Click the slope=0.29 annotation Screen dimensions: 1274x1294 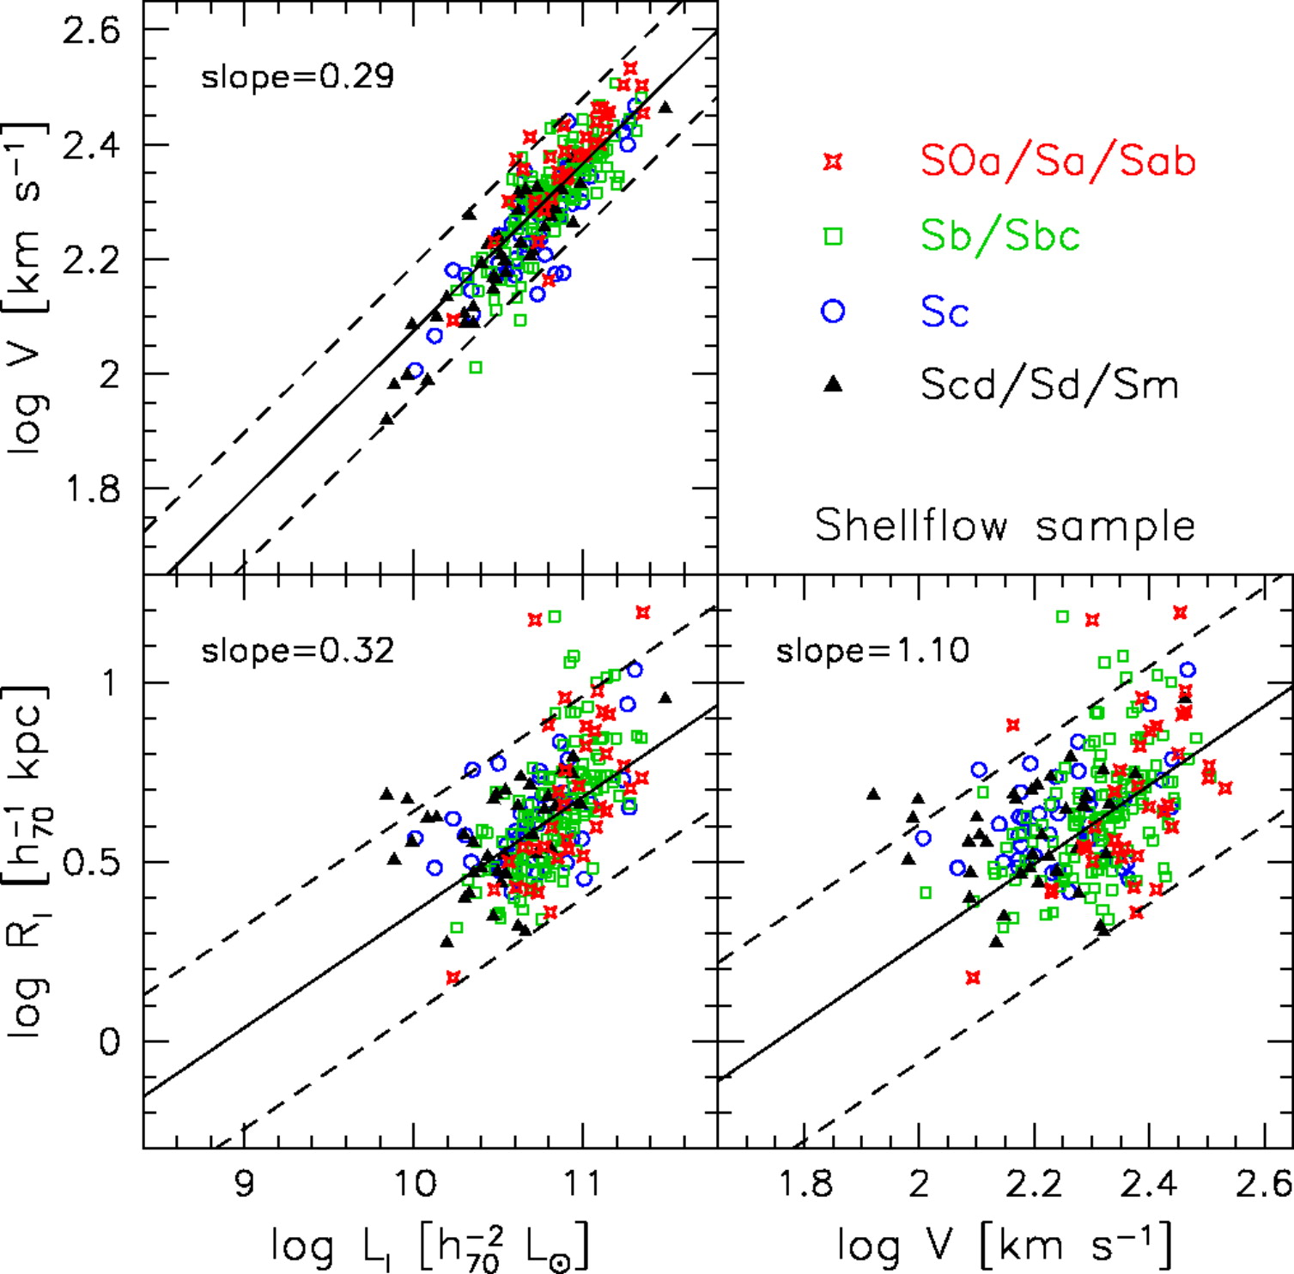pyautogui.click(x=297, y=77)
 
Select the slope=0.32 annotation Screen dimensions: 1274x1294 pyautogui.click(x=297, y=652)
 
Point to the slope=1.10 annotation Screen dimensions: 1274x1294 pyautogui.click(x=872, y=652)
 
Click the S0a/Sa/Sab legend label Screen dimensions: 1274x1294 pyautogui.click(x=1057, y=161)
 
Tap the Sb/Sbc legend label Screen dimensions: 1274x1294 pyautogui.click(x=999, y=235)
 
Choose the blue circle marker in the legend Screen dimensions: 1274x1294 pyautogui.click(x=833, y=311)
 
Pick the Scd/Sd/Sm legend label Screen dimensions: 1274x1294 pyautogui.click(x=1049, y=385)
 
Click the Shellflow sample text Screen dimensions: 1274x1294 pyautogui.click(x=1005, y=525)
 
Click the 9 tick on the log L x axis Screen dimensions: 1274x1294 pyautogui.click(x=245, y=1184)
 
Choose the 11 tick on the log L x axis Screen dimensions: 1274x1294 pyautogui.click(x=583, y=1184)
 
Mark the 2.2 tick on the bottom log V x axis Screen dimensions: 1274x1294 pyautogui.click(x=1035, y=1184)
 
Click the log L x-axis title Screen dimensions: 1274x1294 pyautogui.click(x=430, y=1245)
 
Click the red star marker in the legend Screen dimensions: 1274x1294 pyautogui.click(x=833, y=161)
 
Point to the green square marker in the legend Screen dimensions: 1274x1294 pyautogui.click(x=833, y=236)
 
